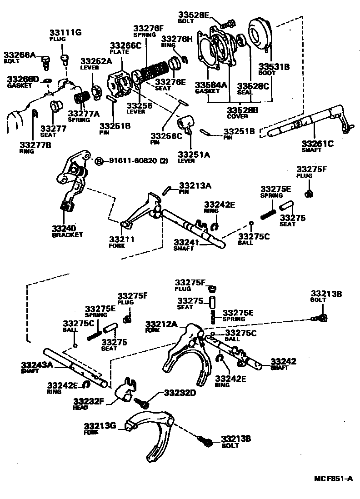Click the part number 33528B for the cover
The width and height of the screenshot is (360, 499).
pyautogui.click(x=243, y=110)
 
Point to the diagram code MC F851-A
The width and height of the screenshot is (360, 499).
pyautogui.click(x=333, y=479)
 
